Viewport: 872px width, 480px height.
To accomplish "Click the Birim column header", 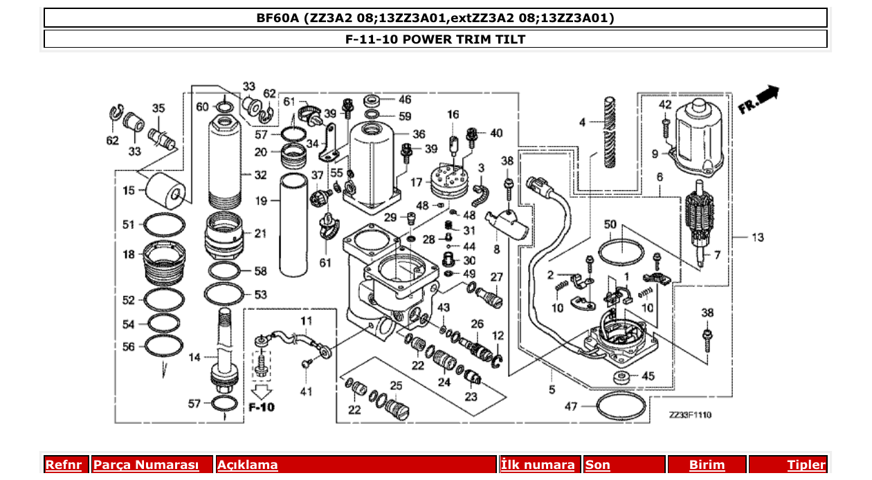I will pyautogui.click(x=707, y=465).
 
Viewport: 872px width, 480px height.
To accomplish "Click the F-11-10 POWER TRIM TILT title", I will pyautogui.click(x=435, y=39).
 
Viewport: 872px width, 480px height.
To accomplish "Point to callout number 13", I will pyautogui.click(x=758, y=237).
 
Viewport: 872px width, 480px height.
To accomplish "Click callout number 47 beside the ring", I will pyautogui.click(x=570, y=407).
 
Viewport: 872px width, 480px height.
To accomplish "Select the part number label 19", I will pyautogui.click(x=261, y=201).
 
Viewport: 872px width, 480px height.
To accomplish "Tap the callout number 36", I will pyautogui.click(x=419, y=134).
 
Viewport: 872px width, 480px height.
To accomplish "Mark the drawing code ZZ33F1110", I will pyautogui.click(x=690, y=415).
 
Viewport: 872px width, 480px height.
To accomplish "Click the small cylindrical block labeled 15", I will pyautogui.click(x=165, y=189).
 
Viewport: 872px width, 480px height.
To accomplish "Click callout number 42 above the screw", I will pyautogui.click(x=665, y=104).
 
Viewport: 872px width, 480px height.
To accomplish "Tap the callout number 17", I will pyautogui.click(x=417, y=183).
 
